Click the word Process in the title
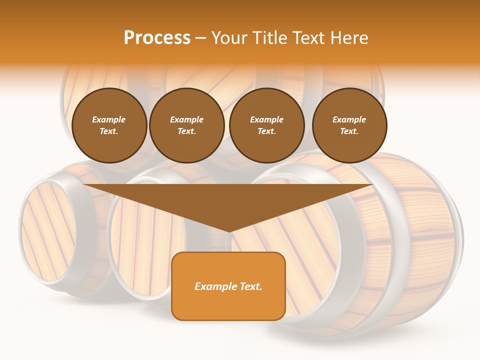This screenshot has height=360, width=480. coord(157,38)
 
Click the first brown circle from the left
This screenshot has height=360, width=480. coord(109,125)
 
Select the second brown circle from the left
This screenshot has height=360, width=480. coord(186,125)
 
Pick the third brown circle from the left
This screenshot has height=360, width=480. coord(266,125)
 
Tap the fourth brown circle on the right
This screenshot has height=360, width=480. coord(349,125)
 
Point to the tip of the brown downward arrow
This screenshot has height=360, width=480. coord(228,231)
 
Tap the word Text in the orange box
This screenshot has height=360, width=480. coord(250,286)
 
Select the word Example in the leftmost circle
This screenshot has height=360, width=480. coord(109,119)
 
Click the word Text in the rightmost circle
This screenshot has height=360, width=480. coord(349,131)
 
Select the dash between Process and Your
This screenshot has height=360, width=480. coord(200,38)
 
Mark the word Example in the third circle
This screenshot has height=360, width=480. coord(266,119)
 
